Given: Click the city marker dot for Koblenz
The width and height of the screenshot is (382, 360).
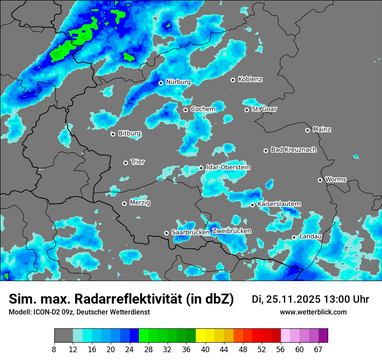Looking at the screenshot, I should [233, 80].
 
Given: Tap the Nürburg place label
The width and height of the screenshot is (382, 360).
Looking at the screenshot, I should [178, 82].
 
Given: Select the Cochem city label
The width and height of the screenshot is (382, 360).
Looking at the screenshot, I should [203, 109].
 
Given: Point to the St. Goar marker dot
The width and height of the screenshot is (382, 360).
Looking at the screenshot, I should [247, 110].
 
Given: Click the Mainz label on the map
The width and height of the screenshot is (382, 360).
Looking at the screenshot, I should [322, 129].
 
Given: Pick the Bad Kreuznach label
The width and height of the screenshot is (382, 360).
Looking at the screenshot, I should [293, 150].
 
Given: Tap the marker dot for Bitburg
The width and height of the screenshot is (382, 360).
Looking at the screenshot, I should [113, 134].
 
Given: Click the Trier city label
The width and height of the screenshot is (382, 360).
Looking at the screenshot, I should [138, 162].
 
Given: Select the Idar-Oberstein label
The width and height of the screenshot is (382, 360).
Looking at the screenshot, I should [228, 167].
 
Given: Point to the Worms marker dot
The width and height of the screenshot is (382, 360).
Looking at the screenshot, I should [320, 180].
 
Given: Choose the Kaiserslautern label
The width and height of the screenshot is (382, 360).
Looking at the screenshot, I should [279, 204].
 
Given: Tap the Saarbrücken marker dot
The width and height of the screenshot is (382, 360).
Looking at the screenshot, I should [166, 233].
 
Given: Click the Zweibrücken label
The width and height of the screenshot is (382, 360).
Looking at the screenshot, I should [232, 231].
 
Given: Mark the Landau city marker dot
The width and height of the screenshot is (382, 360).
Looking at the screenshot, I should [294, 237].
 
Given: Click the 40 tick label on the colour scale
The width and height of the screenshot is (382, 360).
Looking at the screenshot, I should [205, 349].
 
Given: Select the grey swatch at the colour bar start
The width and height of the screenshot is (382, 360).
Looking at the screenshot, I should [63, 336].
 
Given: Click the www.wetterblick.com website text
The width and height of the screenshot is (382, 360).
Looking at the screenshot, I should [313, 312].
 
